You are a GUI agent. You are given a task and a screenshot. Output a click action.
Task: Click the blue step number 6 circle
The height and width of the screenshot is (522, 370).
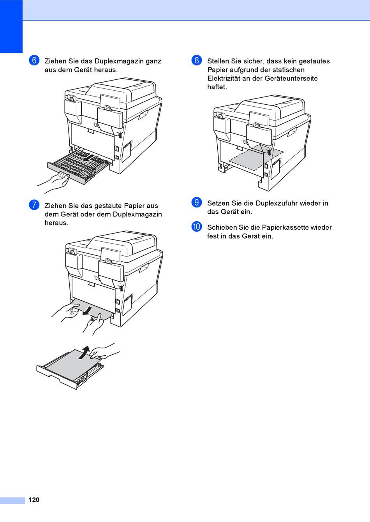34,60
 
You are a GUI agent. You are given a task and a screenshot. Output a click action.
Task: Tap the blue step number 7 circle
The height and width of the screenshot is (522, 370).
34,205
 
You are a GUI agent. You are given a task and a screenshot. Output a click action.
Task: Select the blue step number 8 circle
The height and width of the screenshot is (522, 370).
197,60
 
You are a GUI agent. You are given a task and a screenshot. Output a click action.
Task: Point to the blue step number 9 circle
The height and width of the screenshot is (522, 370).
197,202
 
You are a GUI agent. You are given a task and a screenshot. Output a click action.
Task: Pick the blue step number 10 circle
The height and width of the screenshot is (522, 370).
197,227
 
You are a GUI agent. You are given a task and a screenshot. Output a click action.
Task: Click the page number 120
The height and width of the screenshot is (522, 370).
34,500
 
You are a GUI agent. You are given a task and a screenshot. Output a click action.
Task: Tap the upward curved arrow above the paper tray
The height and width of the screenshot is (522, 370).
84,352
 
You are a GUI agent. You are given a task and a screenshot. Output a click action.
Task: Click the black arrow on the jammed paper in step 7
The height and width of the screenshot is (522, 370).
88,311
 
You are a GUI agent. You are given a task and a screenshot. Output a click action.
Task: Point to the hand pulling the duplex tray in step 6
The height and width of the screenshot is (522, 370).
55,182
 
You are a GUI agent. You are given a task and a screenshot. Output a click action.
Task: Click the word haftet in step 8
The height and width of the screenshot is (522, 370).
217,87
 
